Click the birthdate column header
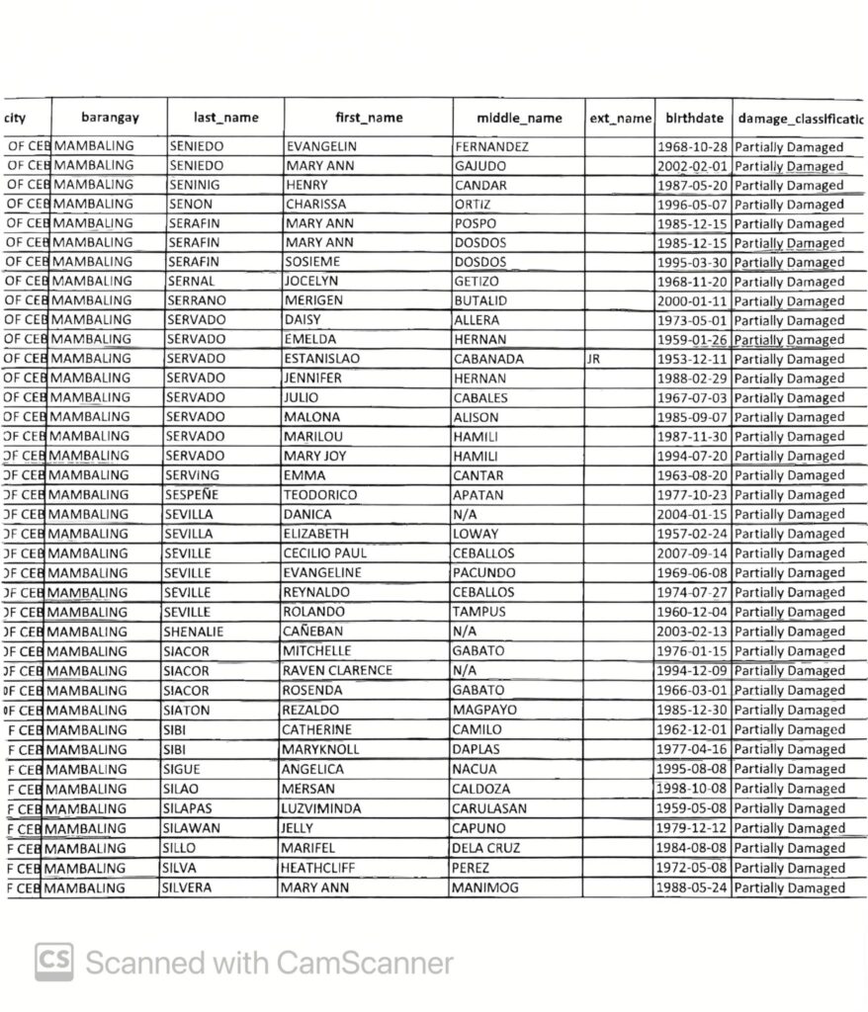pos(690,118)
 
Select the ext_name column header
pos(620,118)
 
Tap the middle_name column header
pos(519,118)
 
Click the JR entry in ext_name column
pos(593,359)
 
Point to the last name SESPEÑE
pos(192,494)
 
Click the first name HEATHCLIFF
pos(322,868)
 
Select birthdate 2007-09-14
pos(692,553)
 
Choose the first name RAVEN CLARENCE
pos(337,670)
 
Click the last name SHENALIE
pos(193,632)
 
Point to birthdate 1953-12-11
pos(692,359)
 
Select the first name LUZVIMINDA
pos(321,808)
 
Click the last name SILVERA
pos(187,887)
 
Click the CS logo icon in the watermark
pos(54,962)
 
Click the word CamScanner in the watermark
pos(365,963)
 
